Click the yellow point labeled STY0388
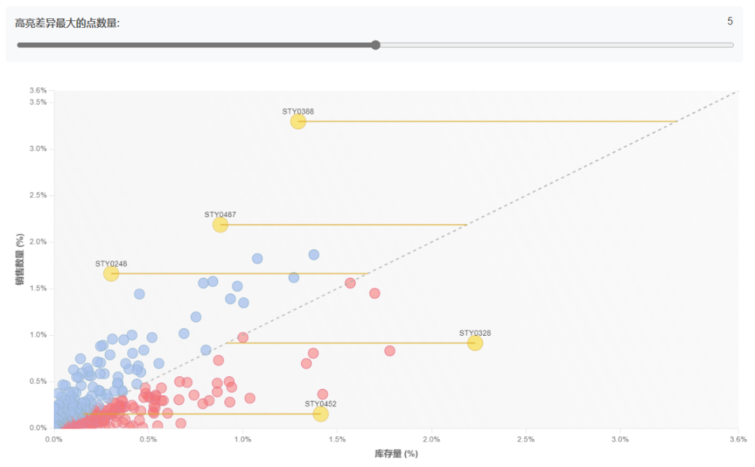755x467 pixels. tap(298, 121)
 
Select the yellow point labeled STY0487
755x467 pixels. tap(220, 225)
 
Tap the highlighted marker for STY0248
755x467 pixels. tap(111, 274)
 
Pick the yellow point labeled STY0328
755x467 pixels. tap(475, 343)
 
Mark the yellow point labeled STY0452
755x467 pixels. tap(321, 414)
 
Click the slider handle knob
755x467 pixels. tap(375, 45)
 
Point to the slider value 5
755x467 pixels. tap(730, 21)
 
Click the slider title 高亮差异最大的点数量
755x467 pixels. tap(66, 22)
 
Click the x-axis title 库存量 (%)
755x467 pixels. tap(396, 454)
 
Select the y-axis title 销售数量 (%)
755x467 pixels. tap(20, 259)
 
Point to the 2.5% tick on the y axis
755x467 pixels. tap(38, 195)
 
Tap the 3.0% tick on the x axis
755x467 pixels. tap(620, 439)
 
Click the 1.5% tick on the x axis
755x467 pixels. tap(337, 439)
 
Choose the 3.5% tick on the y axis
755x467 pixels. tap(38, 102)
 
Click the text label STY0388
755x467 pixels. tap(298, 111)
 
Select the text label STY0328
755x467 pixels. tap(475, 333)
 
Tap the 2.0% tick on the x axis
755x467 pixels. tap(431, 439)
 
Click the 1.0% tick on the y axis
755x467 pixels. tap(38, 335)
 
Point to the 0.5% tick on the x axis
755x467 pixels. tap(148, 439)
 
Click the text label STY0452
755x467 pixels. tap(321, 403)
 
